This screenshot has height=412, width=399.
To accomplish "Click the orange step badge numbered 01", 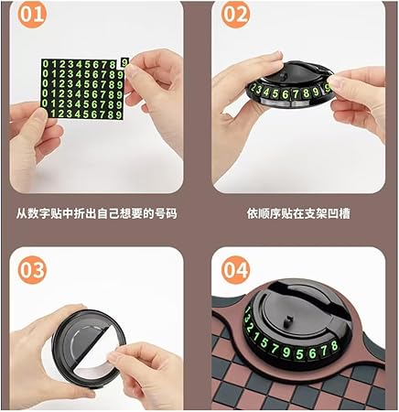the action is pos(32,14).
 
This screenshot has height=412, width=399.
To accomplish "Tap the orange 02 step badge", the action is pos(235,15).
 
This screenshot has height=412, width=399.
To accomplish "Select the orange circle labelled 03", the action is pos(32,270).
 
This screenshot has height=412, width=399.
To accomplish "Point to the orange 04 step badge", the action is pos(235,270).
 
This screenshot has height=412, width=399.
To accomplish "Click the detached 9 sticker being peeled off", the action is pos(124,62).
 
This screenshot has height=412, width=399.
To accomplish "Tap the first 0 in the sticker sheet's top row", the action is pos(46,64).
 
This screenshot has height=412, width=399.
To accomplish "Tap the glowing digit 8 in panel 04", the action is pos(334,346).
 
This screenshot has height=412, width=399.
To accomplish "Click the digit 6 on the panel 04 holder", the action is pos(312,353).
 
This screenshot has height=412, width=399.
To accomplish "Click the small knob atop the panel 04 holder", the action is pos(286,321).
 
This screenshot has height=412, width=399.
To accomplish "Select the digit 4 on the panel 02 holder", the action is pos(267,92).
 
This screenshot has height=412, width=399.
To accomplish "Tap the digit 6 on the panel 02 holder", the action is pos(286,94).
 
